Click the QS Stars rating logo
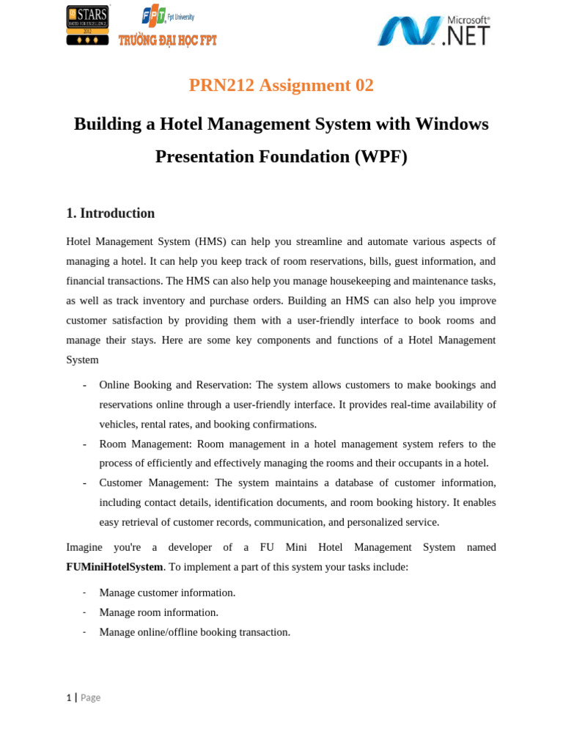point(87,25)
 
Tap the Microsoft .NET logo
point(433,31)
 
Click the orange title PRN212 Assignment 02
point(281,85)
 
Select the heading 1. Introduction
point(110,213)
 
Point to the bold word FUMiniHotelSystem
point(114,567)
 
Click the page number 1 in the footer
point(69,697)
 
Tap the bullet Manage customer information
point(167,593)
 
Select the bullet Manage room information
point(158,612)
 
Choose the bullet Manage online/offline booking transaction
point(194,632)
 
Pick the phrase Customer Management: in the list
point(154,483)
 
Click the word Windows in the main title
point(452,124)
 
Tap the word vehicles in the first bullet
point(117,425)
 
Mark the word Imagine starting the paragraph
point(84,547)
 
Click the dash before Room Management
point(85,444)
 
